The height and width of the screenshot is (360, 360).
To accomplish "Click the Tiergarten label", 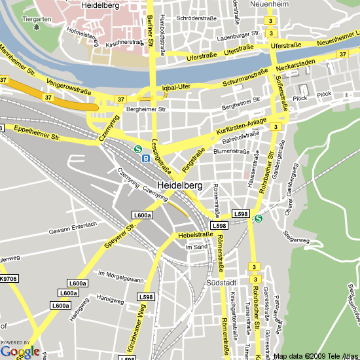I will [x=37, y=20].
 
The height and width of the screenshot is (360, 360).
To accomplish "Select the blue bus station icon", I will [x=147, y=158].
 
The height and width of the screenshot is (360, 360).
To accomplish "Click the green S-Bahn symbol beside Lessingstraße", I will [x=138, y=149].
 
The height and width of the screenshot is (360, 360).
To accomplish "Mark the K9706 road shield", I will [x=9, y=279].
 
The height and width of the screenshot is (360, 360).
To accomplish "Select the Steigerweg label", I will [x=296, y=240].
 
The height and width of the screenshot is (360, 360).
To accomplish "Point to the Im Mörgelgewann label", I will [x=120, y=276].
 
